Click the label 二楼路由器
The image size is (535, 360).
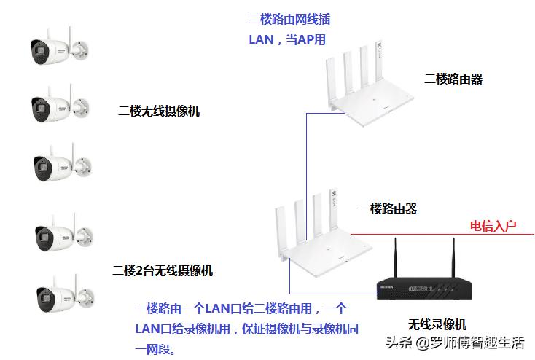click(453, 79)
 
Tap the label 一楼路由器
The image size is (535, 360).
click(388, 208)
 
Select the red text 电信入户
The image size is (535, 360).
click(493, 225)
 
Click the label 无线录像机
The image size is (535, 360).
click(437, 324)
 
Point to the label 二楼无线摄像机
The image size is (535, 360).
click(159, 111)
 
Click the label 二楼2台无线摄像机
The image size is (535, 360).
click(163, 270)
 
